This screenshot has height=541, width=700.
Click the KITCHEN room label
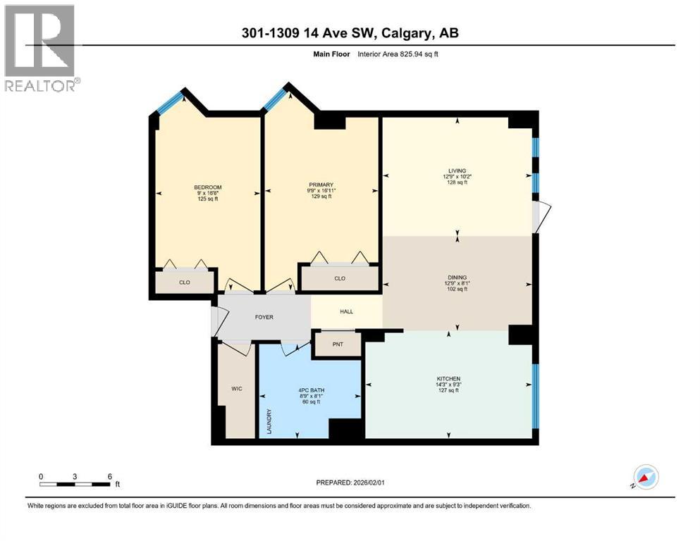[x=448, y=379]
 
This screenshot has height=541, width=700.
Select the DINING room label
[x=457, y=278]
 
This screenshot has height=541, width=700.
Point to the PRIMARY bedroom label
[x=320, y=185]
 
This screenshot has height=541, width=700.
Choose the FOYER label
[x=264, y=317]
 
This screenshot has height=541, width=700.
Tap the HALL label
[x=346, y=311]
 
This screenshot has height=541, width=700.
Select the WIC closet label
[x=236, y=387]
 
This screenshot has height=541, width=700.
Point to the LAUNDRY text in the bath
[x=269, y=422]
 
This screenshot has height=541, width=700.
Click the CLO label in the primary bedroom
[x=340, y=278]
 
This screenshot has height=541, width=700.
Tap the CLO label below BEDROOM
[x=184, y=282]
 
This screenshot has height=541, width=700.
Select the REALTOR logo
[x=41, y=48]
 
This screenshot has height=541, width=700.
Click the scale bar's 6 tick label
[x=109, y=475]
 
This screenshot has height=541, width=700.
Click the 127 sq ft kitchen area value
[x=448, y=390]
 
